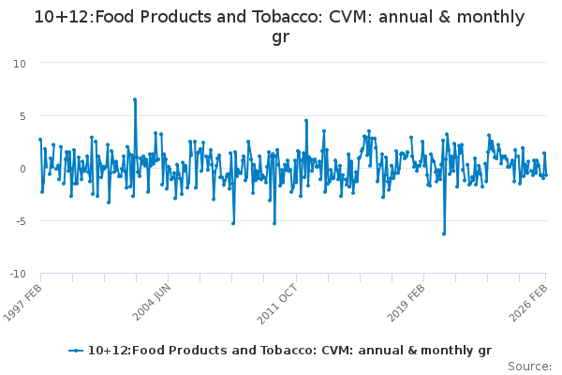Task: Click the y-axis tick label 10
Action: (20, 62)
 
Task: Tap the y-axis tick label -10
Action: (18, 275)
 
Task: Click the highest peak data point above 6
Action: (135, 99)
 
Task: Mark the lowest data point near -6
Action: (444, 233)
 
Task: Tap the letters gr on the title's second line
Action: (280, 37)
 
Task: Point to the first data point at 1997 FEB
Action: (40, 140)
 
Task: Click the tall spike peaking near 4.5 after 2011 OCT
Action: (306, 121)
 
